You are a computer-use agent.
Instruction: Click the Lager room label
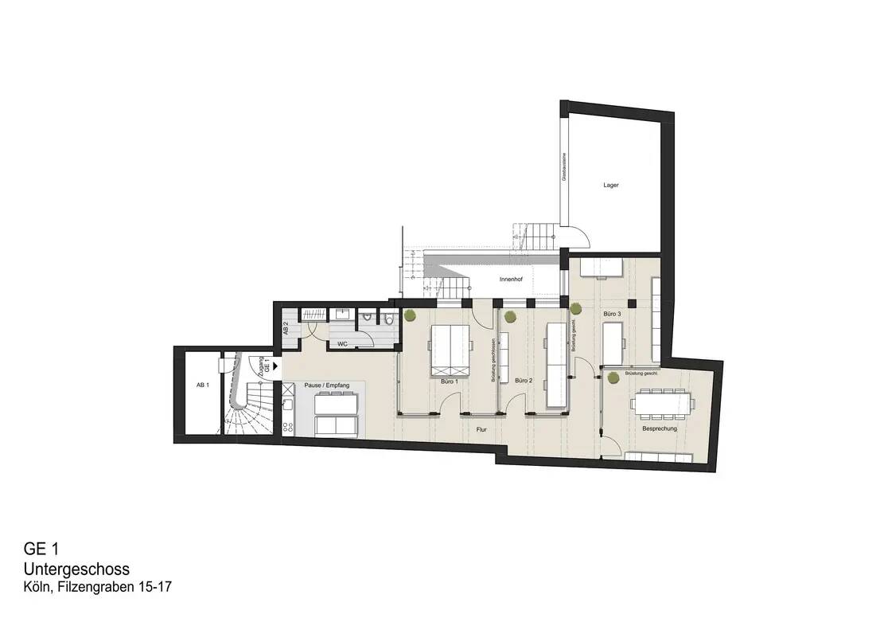[610, 185]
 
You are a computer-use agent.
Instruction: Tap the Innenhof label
[510, 280]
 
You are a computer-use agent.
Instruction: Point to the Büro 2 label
[523, 381]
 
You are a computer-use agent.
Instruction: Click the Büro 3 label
[612, 315]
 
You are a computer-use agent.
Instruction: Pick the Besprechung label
[659, 428]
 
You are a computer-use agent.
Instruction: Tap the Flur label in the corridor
[481, 429]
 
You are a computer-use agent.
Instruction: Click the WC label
[342, 344]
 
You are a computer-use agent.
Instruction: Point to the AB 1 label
[202, 385]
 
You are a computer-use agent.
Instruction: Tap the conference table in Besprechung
[663, 403]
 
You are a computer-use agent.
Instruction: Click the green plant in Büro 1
[410, 316]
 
